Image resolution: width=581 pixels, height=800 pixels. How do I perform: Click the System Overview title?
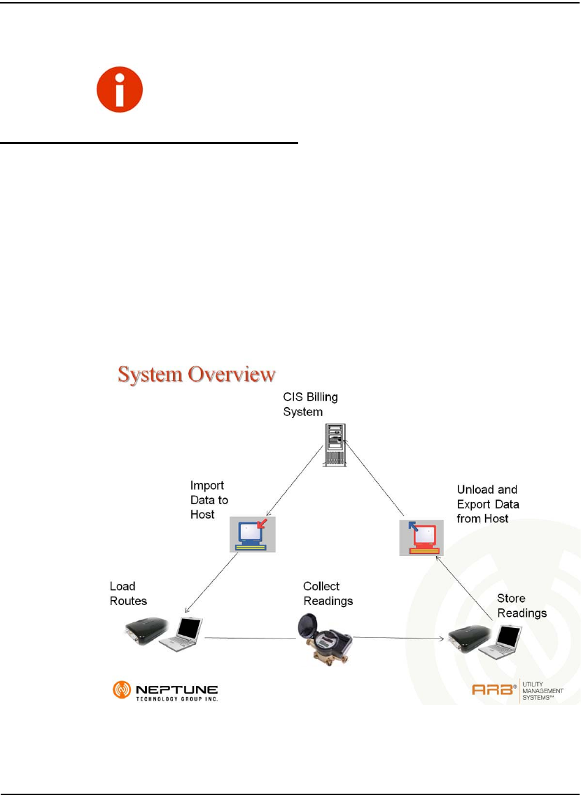click(196, 375)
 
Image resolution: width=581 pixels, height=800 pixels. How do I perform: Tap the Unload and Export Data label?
click(488, 504)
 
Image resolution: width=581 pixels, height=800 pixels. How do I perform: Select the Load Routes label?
click(128, 593)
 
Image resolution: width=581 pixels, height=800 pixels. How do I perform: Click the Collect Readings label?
click(328, 593)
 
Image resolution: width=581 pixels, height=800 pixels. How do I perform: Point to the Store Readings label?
click(521, 606)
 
